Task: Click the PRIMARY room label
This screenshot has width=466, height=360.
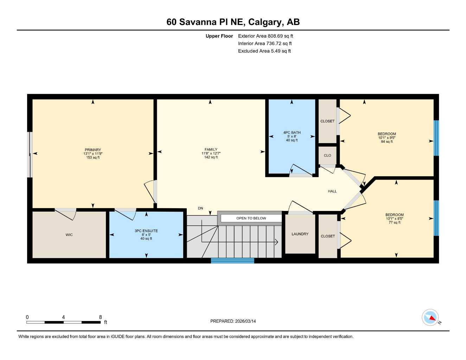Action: pos(93,150)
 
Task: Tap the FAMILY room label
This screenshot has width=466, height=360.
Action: pos(211,149)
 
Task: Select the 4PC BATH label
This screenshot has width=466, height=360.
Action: pos(292,133)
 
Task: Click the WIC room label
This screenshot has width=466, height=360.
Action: pos(69,235)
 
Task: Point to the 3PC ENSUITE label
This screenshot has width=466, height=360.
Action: pos(146,231)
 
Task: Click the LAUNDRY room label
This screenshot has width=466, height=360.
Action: pos(300,234)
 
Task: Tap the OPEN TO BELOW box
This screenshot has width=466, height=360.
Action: pos(251,218)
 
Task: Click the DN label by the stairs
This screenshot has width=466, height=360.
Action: pos(200,208)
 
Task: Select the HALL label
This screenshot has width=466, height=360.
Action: pos(332,191)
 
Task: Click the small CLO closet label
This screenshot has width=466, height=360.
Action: pos(327,155)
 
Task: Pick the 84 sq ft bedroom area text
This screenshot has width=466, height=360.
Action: pos(387,142)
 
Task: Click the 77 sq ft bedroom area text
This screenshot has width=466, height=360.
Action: pos(395,223)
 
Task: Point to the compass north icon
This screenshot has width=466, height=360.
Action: pos(430,318)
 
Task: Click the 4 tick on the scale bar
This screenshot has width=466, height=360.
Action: pos(63,317)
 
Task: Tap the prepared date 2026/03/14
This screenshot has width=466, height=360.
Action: pos(245,321)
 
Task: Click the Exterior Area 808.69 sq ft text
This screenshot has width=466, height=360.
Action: pos(266,36)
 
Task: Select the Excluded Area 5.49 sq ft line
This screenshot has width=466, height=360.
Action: pos(264,51)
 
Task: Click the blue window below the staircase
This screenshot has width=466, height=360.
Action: pos(232,261)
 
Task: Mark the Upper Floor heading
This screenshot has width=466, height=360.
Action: pos(219,36)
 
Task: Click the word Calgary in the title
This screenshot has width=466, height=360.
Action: pos(265,22)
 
